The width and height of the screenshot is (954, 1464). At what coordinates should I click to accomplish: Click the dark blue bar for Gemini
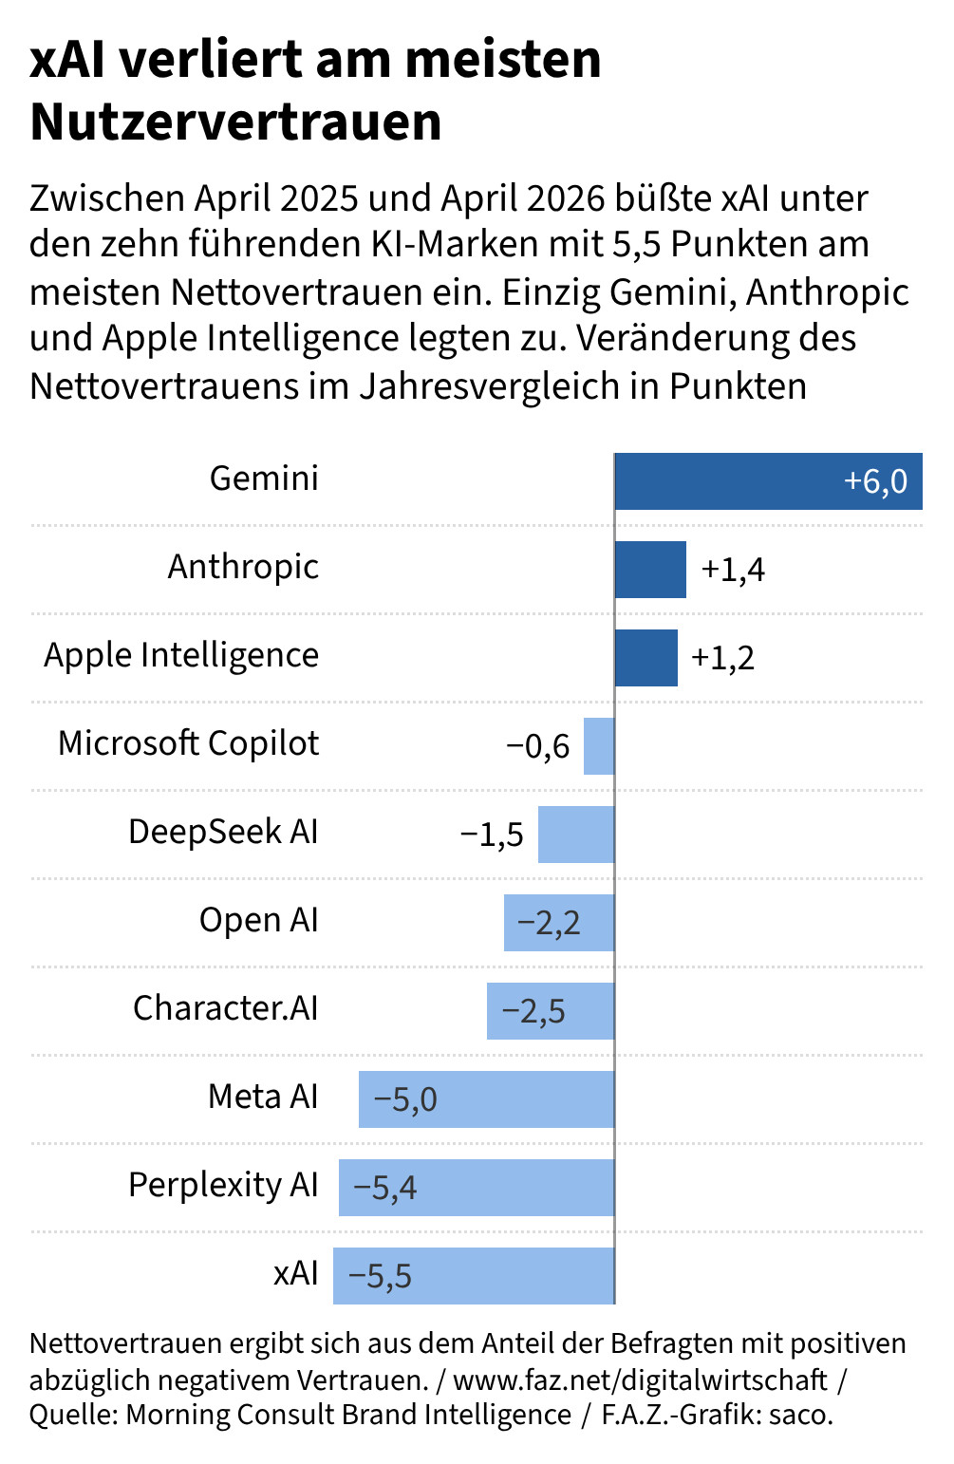tap(769, 481)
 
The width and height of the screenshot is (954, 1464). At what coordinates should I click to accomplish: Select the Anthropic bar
tap(651, 570)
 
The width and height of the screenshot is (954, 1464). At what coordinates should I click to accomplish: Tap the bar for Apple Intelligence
tap(646, 658)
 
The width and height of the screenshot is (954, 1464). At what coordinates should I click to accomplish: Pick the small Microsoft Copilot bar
tap(599, 745)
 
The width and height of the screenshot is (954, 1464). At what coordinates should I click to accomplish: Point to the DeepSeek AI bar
tap(576, 834)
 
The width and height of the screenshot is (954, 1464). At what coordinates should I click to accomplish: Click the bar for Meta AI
tap(487, 1098)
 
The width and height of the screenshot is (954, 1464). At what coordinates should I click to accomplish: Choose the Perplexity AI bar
tap(477, 1187)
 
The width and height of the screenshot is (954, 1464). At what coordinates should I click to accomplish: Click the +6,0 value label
tap(875, 481)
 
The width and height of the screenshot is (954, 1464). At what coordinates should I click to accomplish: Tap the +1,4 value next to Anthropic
tap(733, 570)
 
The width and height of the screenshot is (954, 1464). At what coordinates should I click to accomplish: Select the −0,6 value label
tap(538, 745)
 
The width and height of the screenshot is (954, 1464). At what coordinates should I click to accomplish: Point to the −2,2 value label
tap(549, 922)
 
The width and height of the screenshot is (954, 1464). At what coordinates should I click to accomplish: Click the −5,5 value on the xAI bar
tap(381, 1275)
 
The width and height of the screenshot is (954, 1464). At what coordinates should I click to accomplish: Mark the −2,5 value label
tap(533, 1010)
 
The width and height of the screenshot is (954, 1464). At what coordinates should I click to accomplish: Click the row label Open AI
tap(259, 920)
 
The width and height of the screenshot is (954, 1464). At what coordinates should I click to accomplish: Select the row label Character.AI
tap(225, 1007)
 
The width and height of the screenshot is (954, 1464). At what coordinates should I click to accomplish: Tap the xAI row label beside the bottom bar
tap(296, 1272)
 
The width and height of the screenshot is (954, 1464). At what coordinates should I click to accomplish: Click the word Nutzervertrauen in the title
tap(235, 122)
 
